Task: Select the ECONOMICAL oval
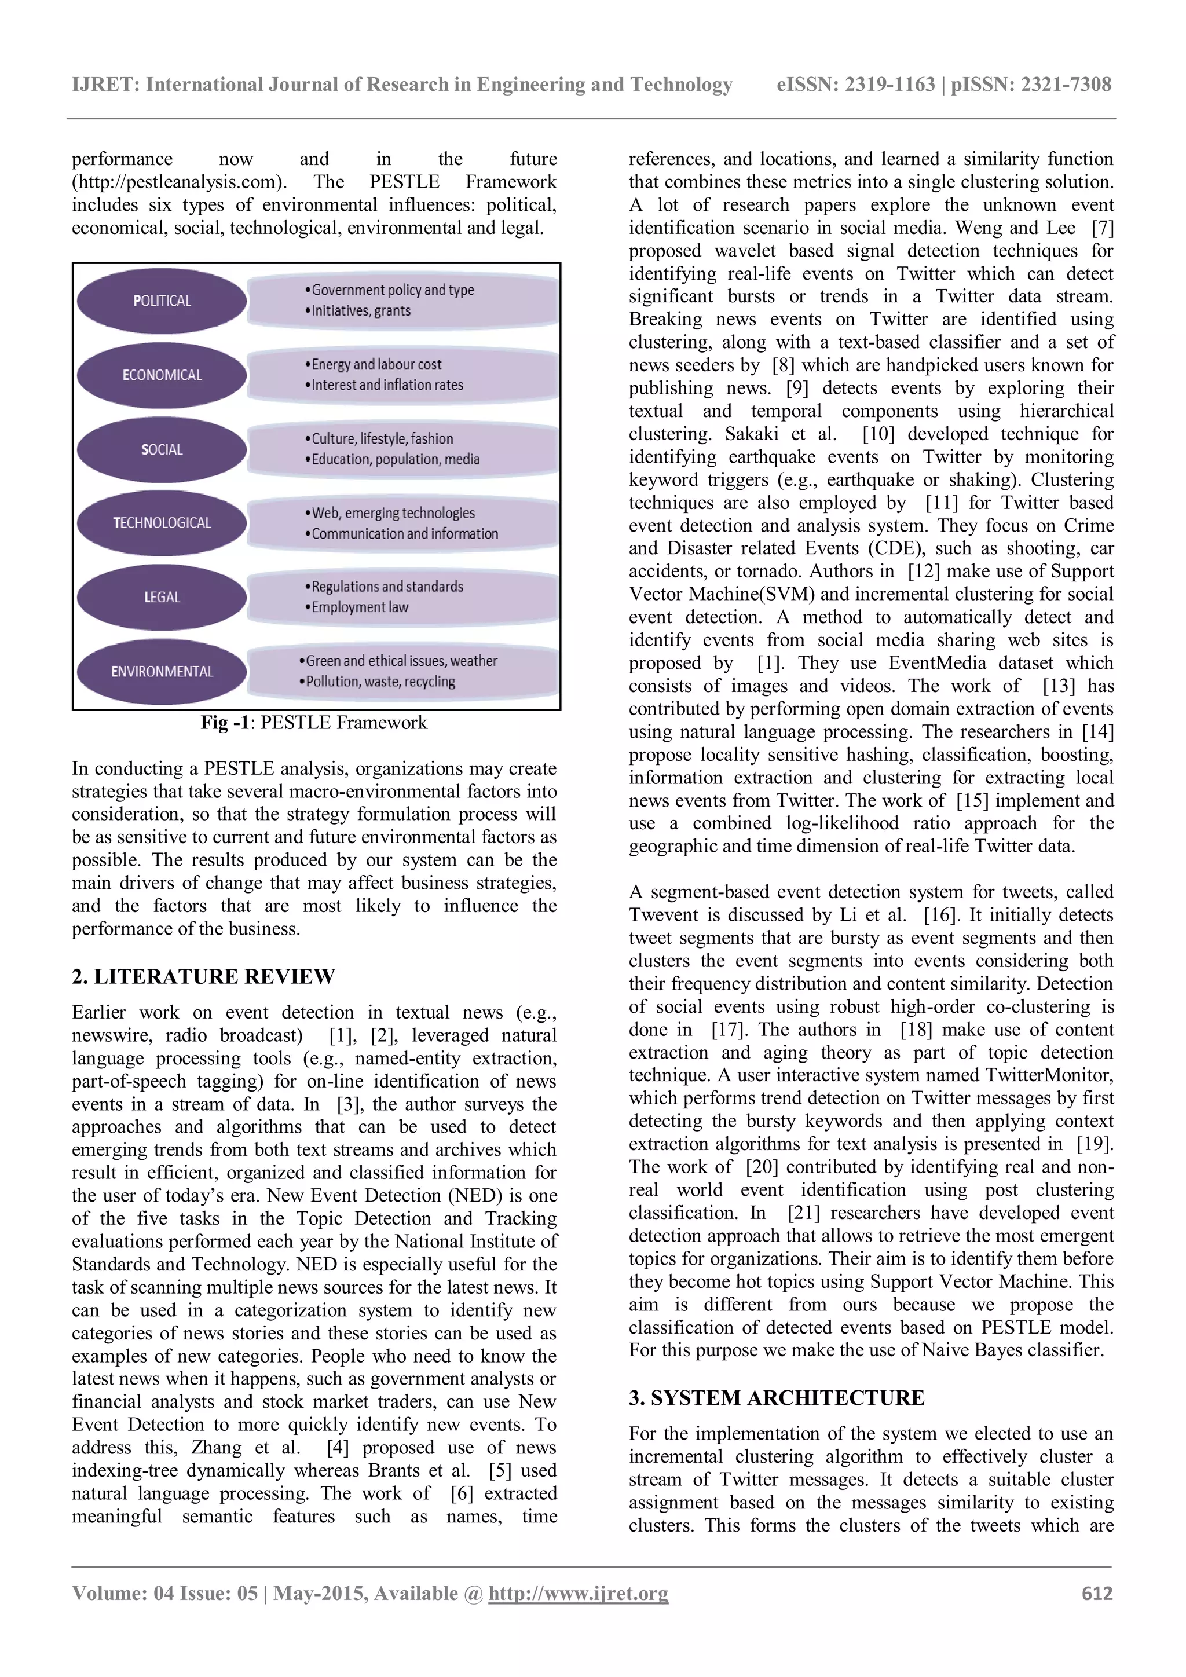(162, 375)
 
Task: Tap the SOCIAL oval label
(162, 450)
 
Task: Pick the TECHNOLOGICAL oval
(162, 523)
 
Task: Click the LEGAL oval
(162, 598)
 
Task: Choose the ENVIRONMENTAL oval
(162, 672)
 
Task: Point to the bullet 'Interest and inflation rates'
(387, 385)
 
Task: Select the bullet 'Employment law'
(359, 607)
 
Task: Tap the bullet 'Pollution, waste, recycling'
(380, 682)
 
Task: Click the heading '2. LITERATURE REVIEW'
(203, 976)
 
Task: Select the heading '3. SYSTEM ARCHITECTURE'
(777, 1397)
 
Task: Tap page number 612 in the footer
(1097, 1593)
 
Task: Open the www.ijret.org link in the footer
(579, 1593)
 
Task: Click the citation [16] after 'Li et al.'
(937, 914)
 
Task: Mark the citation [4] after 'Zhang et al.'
(338, 1448)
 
